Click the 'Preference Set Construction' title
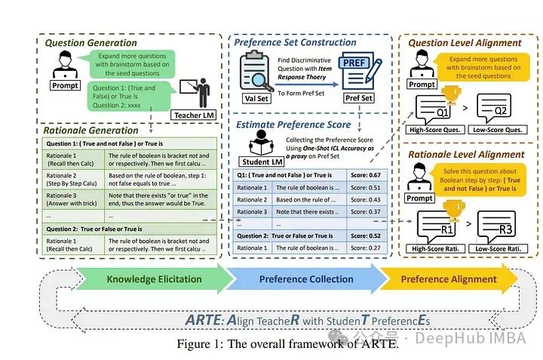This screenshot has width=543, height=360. click(295, 42)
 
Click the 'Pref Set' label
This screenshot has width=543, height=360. click(358, 98)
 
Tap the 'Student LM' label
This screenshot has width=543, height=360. click(261, 162)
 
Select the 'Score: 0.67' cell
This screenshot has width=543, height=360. click(364, 174)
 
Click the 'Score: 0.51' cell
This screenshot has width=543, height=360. click(364, 187)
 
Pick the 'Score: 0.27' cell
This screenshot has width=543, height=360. click(364, 248)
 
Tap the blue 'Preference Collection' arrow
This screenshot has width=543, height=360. click(306, 279)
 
